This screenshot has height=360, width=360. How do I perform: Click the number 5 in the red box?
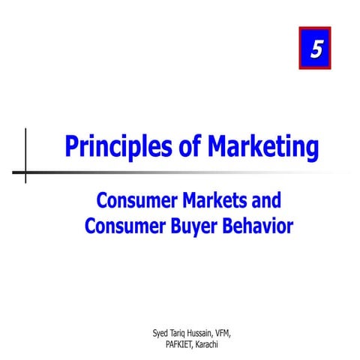pos(315,49)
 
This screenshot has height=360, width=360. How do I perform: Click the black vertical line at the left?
pos(25,142)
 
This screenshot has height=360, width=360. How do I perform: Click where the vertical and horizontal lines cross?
pos(25,172)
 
